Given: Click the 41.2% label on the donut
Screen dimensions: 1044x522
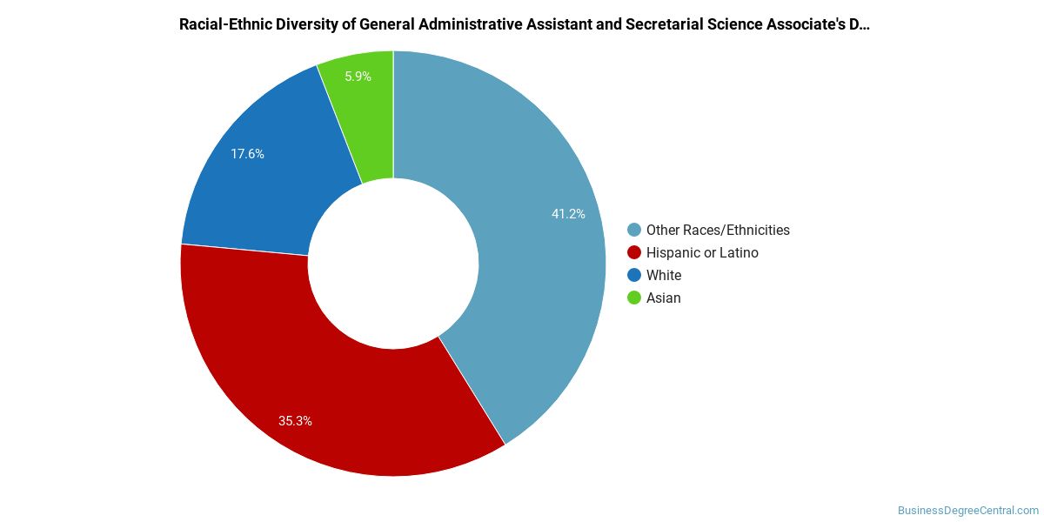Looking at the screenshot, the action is (x=568, y=214).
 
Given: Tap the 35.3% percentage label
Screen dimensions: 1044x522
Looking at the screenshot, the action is (x=295, y=421).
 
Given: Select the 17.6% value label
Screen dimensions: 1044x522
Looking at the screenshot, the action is (x=247, y=154).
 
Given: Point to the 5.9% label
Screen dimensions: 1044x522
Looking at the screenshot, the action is (x=358, y=77).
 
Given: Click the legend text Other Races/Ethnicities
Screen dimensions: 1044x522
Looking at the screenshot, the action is (x=718, y=231).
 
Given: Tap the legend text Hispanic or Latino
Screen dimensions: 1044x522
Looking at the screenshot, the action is (x=702, y=252).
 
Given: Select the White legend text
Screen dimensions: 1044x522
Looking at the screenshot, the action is (x=664, y=276).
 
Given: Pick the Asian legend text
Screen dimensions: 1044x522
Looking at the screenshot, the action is (x=663, y=298).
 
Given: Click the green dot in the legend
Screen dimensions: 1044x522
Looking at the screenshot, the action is (x=634, y=298).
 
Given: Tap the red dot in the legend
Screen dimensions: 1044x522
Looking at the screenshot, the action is (x=634, y=252).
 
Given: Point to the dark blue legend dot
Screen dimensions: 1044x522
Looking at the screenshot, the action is (x=634, y=275).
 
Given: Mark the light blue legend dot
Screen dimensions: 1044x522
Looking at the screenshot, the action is (x=634, y=230).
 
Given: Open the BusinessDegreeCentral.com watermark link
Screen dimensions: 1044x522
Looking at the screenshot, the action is (x=967, y=511).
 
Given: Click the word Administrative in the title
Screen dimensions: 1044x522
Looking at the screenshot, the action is (x=470, y=24).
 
